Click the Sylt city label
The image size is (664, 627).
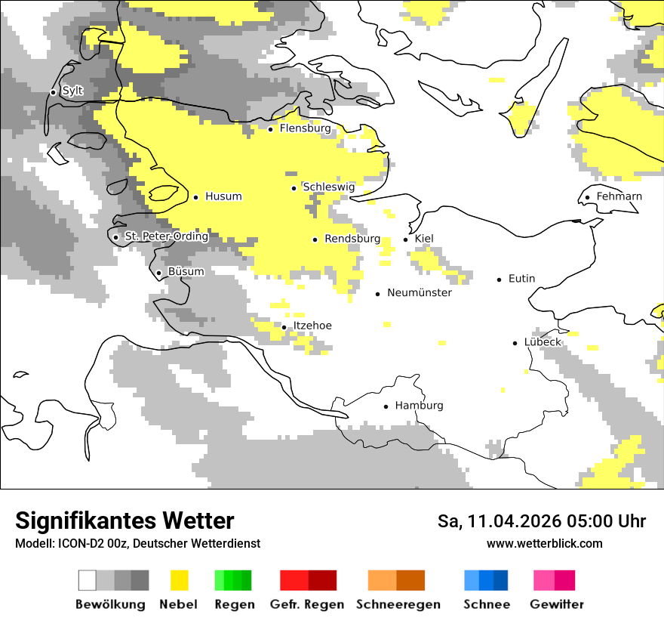[72, 91]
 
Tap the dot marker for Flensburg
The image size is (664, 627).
[271, 129]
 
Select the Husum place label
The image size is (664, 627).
[223, 196]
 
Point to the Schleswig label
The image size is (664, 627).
[328, 187]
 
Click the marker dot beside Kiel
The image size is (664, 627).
[406, 239]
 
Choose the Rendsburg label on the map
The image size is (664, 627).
[352, 239]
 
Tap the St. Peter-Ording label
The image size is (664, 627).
[166, 236]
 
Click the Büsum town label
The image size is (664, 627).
[186, 272]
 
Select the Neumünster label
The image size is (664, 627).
[419, 292]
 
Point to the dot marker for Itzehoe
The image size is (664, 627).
[284, 327]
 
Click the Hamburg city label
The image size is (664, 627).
[419, 406]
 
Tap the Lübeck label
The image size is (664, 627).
[543, 342]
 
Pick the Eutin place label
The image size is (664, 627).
[521, 279]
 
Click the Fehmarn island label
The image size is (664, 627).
[619, 196]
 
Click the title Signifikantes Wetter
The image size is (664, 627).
[124, 520]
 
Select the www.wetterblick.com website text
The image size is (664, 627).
[544, 544]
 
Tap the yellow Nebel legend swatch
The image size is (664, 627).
[180, 580]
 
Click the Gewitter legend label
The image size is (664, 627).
[556, 604]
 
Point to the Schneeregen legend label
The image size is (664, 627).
[398, 604]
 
